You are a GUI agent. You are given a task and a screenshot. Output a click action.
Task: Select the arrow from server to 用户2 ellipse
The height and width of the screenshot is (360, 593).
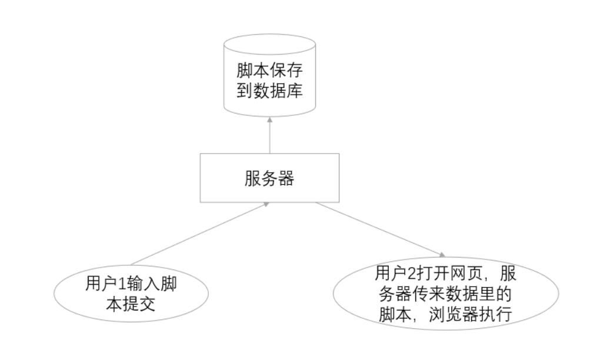click(379, 229)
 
